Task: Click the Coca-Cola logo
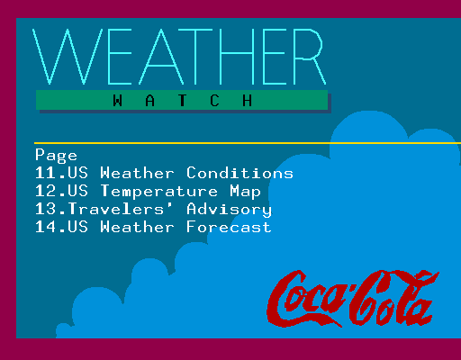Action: (353, 299)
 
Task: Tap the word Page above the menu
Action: (56, 156)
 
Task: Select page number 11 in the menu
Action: (46, 173)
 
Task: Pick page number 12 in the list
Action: (46, 191)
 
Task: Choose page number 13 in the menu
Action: (46, 209)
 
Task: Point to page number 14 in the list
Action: (46, 227)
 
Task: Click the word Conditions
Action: (240, 173)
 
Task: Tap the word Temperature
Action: (159, 192)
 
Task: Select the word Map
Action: (246, 192)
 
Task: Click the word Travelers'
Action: (116, 209)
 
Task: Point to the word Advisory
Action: (229, 210)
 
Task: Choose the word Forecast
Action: (229, 227)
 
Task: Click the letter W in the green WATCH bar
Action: (118, 100)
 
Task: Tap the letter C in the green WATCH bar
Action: (214, 100)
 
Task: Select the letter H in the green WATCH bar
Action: (247, 100)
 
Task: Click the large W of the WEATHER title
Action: (68, 57)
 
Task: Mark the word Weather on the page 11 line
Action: (137, 173)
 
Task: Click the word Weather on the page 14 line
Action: (137, 227)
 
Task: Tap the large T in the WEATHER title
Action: (195, 57)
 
